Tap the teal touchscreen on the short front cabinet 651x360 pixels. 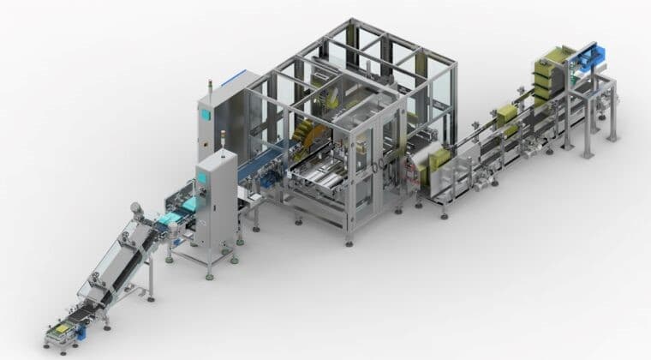(x=203, y=177)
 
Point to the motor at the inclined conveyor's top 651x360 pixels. (x=134, y=210)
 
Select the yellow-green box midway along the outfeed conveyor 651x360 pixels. (x=505, y=115)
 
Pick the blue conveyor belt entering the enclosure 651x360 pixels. (x=257, y=163)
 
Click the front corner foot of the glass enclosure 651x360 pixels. (x=349, y=243)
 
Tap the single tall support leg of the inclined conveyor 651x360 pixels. (x=151, y=274)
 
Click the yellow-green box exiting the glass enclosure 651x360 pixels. (x=439, y=159)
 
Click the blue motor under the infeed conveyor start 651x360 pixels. (x=80, y=333)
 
